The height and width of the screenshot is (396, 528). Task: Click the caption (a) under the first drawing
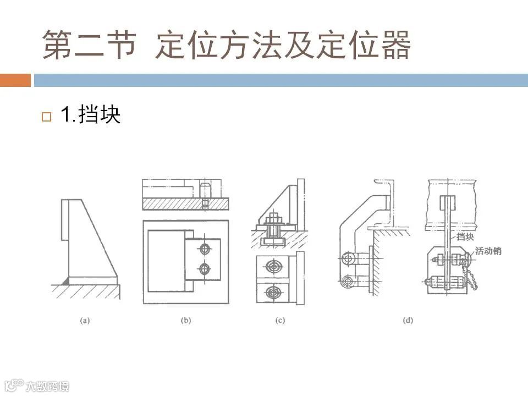point(85,320)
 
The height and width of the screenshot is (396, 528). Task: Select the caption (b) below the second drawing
point(186,320)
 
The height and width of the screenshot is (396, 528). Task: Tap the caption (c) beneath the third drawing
point(280,320)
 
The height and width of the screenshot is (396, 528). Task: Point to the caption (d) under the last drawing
point(408,320)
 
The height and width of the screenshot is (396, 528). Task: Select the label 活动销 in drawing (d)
point(488,251)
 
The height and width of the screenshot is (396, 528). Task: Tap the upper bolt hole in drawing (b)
point(205,250)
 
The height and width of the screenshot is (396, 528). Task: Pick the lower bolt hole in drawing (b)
point(205,269)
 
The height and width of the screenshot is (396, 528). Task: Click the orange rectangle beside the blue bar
point(15,80)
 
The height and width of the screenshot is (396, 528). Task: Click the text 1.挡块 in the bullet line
point(90,116)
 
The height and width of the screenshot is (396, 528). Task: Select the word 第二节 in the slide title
point(89,46)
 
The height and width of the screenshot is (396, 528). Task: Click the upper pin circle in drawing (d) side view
point(346,258)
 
